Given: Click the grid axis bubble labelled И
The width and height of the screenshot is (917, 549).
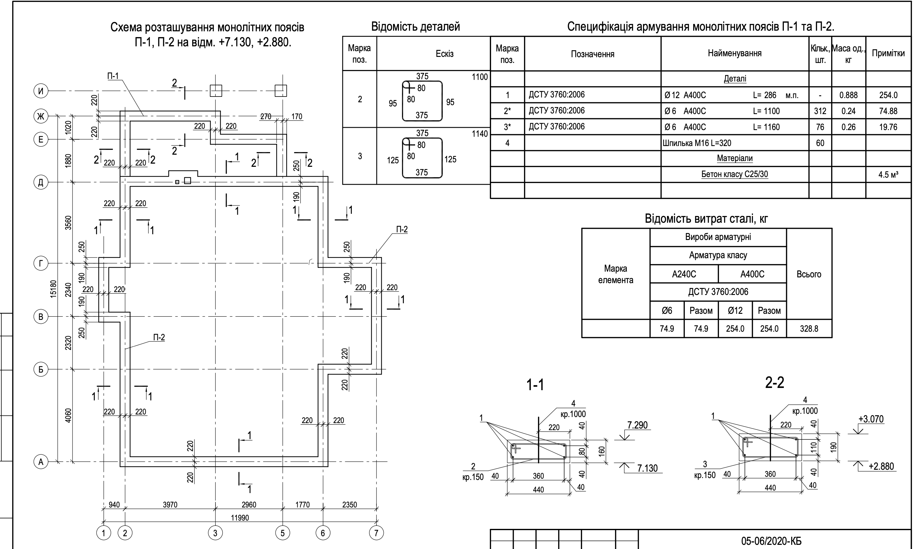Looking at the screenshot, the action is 41,91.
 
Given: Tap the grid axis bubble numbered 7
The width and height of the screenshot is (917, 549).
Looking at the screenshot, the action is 376,533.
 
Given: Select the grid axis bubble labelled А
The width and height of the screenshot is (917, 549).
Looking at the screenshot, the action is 41,462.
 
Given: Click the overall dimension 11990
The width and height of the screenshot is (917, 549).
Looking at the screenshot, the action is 240,518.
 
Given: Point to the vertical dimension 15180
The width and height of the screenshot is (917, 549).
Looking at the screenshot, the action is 54,289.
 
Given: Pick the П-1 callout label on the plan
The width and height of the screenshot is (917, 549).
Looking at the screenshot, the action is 113,76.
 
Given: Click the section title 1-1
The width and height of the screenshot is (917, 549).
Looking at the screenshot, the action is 535,385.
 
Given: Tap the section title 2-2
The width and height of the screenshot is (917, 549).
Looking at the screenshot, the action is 774,383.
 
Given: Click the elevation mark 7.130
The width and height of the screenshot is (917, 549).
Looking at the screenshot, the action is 648,468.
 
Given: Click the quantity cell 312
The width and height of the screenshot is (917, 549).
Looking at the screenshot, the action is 820,111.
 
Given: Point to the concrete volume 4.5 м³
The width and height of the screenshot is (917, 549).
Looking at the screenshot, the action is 888,174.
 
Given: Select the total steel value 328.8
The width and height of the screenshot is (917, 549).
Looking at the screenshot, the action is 809,329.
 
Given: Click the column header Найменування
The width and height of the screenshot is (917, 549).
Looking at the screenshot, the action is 734,53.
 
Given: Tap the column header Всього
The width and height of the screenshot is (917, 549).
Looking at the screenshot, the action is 809,274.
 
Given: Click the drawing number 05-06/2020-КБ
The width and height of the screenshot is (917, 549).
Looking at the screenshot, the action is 771,541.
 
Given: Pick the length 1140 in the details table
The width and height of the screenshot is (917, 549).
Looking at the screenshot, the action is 480,134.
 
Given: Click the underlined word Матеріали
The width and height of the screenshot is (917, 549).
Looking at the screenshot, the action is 734,158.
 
